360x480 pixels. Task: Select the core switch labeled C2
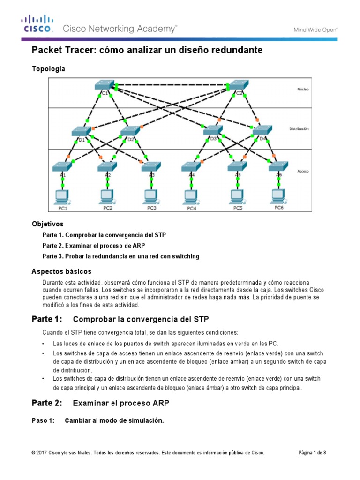tap(238, 85)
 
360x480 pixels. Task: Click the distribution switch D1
tap(81, 131)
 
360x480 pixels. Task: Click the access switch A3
tap(151, 166)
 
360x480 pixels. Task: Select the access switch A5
tap(237, 166)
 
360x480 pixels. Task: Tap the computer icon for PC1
tap(61, 195)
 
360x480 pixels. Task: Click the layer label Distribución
tap(302, 127)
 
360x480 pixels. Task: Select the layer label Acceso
tap(303, 171)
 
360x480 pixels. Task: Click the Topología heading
tap(48, 69)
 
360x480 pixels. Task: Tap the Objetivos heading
tap(47, 224)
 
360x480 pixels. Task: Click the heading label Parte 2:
tap(46, 403)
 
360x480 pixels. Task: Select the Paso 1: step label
tap(43, 420)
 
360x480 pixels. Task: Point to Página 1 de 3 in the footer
tap(312, 452)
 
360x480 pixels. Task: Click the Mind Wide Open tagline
tap(315, 30)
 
